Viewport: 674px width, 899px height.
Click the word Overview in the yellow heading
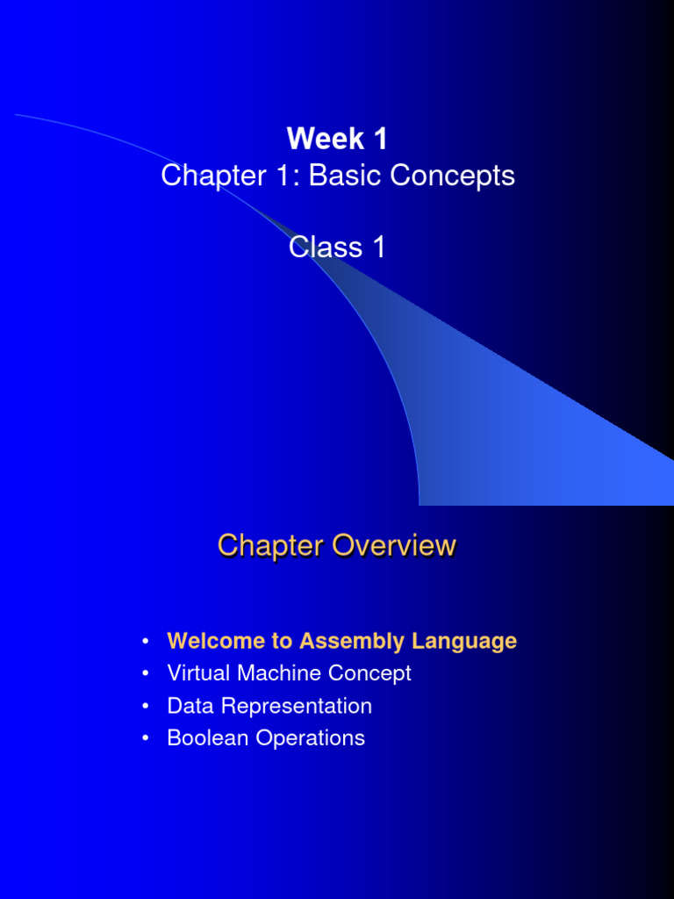tap(393, 545)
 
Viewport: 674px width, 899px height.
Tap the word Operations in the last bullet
tap(310, 738)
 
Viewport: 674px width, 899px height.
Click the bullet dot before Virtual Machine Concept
tap(146, 673)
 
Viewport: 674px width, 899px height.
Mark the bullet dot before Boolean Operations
tap(146, 738)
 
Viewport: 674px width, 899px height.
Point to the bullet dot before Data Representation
tap(146, 706)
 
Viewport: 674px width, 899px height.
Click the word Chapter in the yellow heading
tap(269, 545)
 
